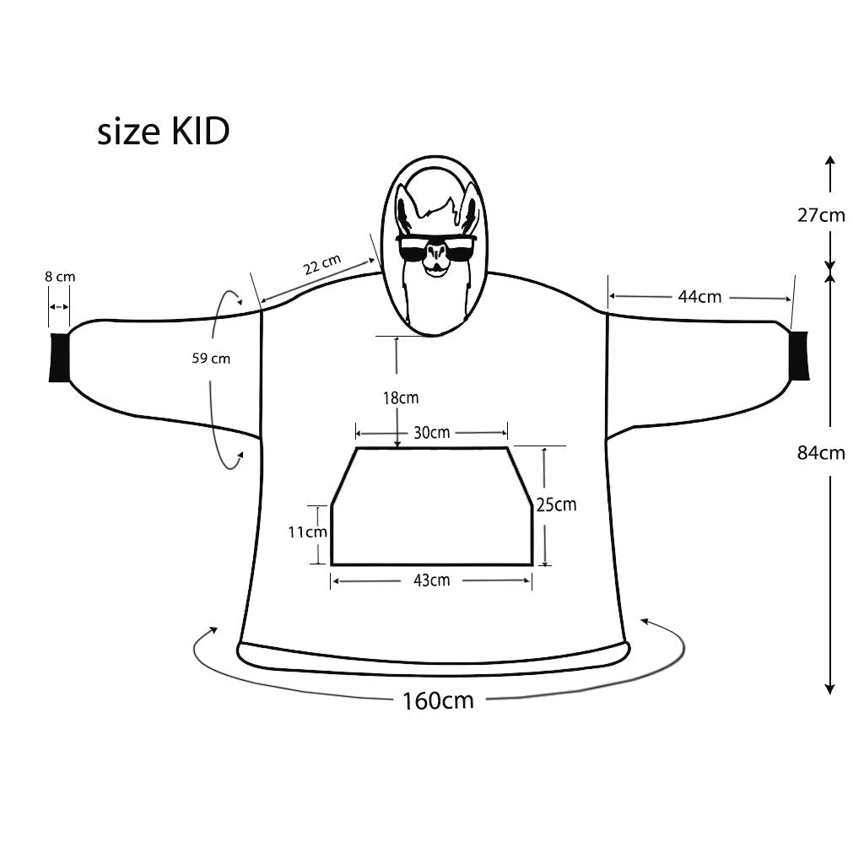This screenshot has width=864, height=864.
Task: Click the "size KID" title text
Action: pos(163,132)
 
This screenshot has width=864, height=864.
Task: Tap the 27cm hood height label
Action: pos(821,214)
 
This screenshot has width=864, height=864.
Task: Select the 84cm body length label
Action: pos(821,453)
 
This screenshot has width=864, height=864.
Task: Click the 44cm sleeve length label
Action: pos(699,296)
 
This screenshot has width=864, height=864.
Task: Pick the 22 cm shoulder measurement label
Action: pos(321,265)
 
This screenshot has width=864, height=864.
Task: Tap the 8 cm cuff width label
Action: pos(60,276)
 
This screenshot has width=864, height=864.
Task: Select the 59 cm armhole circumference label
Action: pos(211,358)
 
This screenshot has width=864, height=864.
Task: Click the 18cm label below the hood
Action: pos(399,397)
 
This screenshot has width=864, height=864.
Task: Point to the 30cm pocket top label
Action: pos(431,433)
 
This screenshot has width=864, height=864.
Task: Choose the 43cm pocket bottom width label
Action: pos(431,580)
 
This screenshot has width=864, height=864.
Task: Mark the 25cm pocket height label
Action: pos(556,505)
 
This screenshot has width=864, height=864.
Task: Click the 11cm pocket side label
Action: pos(307,532)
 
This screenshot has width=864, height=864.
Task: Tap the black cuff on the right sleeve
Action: pos(798,355)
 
